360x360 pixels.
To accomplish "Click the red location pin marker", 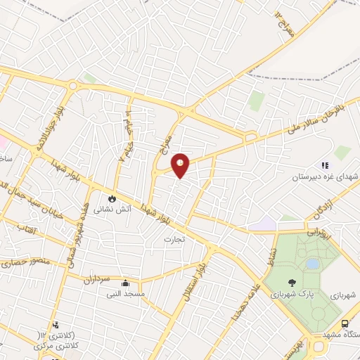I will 181,165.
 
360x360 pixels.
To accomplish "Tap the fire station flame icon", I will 111,198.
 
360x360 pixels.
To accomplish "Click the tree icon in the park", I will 303,283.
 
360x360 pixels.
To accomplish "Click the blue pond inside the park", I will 312,264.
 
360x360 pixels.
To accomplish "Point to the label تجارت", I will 173,239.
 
